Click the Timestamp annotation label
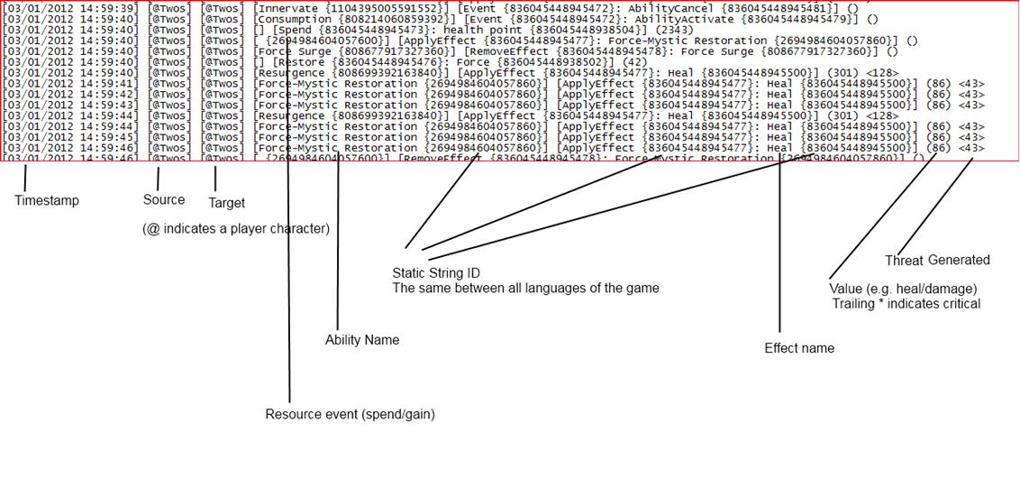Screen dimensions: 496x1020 point(46,200)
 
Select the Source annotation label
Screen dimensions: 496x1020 point(164,199)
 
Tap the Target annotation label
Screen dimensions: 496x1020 point(226,202)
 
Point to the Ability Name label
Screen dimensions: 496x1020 point(361,340)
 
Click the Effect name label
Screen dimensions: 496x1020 point(799,348)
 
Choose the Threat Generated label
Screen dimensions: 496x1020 point(937,260)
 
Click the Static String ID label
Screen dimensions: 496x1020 point(436,272)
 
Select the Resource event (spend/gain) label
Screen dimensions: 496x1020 point(350,414)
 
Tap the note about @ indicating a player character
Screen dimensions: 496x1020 point(236,228)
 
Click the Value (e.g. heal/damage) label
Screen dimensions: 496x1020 point(903,289)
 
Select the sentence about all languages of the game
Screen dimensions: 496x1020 point(525,288)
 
